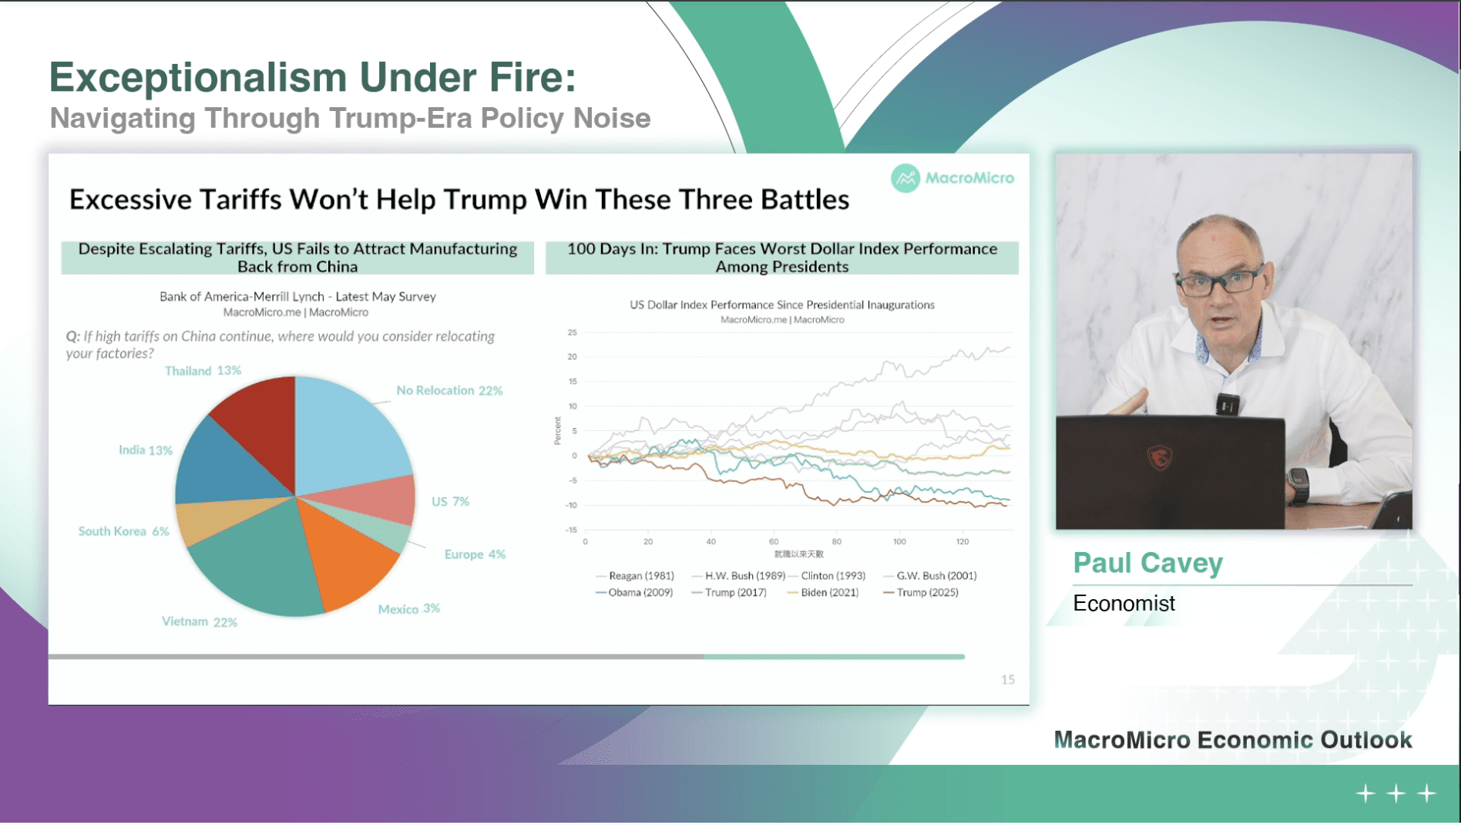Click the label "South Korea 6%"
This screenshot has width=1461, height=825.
click(x=123, y=531)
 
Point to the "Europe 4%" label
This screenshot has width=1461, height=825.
click(x=475, y=554)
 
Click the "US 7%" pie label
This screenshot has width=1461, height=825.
click(x=450, y=501)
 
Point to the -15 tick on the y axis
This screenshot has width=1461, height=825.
click(x=571, y=530)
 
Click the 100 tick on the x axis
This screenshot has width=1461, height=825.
click(x=899, y=542)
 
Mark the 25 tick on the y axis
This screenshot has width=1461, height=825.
click(x=572, y=333)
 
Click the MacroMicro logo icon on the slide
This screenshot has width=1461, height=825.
click(x=905, y=178)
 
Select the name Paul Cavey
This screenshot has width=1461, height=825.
click(x=1147, y=563)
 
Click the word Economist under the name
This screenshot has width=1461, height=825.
click(x=1123, y=604)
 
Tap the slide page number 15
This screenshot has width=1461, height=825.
click(x=1008, y=680)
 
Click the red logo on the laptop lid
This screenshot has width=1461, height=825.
click(x=1160, y=458)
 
